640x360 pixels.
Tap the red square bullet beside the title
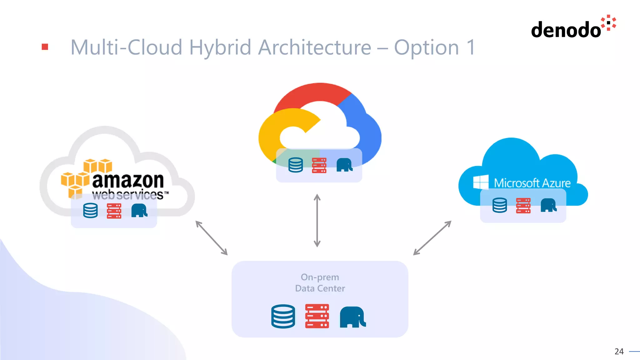(45, 47)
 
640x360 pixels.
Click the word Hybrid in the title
(220, 47)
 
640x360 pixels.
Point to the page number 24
(619, 352)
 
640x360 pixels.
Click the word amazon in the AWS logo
(128, 180)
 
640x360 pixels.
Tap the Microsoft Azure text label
(532, 183)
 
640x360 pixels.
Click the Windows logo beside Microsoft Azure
(481, 182)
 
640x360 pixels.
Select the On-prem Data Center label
(320, 282)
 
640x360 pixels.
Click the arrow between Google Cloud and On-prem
(317, 221)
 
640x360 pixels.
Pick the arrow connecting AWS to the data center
(212, 238)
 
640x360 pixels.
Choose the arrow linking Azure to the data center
(432, 238)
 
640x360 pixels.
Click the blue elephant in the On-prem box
(352, 317)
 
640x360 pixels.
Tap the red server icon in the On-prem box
(317, 316)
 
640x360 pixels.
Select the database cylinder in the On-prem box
(283, 316)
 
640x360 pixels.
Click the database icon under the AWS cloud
(90, 211)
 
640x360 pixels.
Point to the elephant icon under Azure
(548, 205)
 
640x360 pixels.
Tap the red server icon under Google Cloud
(319, 165)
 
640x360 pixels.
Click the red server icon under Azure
(523, 206)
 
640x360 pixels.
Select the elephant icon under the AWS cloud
(139, 211)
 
